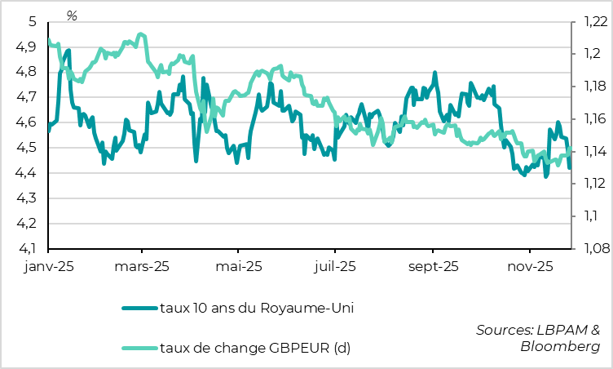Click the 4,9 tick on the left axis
(x=27, y=47)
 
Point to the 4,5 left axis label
(x=27, y=148)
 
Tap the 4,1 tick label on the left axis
(x=27, y=248)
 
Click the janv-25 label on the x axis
(x=49, y=267)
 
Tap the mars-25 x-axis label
(x=142, y=267)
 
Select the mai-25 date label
(x=239, y=267)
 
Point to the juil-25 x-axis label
(x=335, y=267)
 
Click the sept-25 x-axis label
(x=433, y=267)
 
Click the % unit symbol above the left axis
(x=72, y=16)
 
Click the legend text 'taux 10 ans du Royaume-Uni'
(x=258, y=307)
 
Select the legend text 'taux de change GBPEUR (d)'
(x=255, y=349)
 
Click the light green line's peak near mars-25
(x=141, y=34)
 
